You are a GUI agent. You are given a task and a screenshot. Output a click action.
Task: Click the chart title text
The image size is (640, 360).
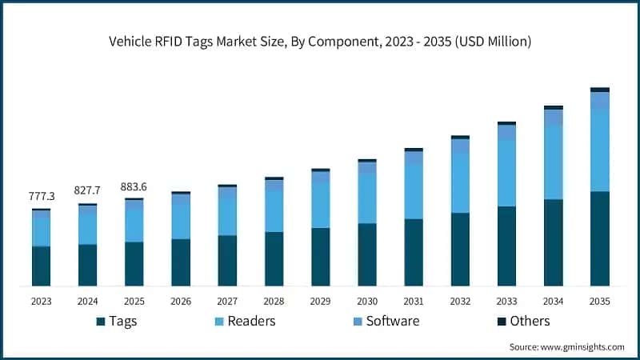(x=320, y=41)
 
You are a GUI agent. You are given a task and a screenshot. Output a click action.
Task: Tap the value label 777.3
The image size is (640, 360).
(x=41, y=196)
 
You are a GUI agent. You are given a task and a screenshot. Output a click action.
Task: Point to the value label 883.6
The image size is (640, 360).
(x=134, y=186)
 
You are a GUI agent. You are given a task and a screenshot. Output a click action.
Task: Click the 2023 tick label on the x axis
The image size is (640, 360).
(x=41, y=302)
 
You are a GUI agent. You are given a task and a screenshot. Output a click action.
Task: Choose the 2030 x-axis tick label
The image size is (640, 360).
(x=367, y=302)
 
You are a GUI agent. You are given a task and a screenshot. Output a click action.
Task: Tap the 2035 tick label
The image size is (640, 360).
(x=600, y=302)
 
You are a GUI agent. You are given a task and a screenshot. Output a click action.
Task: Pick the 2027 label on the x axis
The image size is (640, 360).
(x=227, y=302)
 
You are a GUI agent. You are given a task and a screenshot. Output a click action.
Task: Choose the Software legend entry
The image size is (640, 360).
(x=383, y=321)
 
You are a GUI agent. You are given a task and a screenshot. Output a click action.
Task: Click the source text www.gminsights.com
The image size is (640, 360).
(x=566, y=346)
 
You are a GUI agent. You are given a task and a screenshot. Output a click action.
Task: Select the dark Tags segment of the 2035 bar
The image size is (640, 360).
(x=600, y=238)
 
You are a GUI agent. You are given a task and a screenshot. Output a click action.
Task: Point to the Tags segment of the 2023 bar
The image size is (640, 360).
(x=41, y=266)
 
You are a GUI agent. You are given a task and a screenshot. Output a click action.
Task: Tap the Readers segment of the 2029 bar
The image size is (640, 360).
(x=321, y=206)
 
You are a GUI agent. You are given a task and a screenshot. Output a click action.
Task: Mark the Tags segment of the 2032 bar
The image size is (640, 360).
(x=460, y=249)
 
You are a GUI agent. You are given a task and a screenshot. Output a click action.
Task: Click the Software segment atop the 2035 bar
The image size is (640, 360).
(x=600, y=101)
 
